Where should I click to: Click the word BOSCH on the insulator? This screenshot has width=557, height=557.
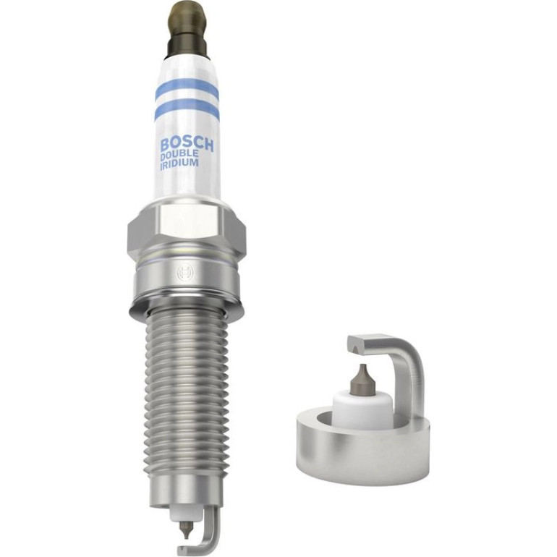tap(187, 144)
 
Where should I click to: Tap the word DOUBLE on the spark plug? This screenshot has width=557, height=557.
tap(179, 155)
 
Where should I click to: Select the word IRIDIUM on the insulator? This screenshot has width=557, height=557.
tap(179, 164)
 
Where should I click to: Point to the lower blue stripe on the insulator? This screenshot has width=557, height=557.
tap(187, 108)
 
